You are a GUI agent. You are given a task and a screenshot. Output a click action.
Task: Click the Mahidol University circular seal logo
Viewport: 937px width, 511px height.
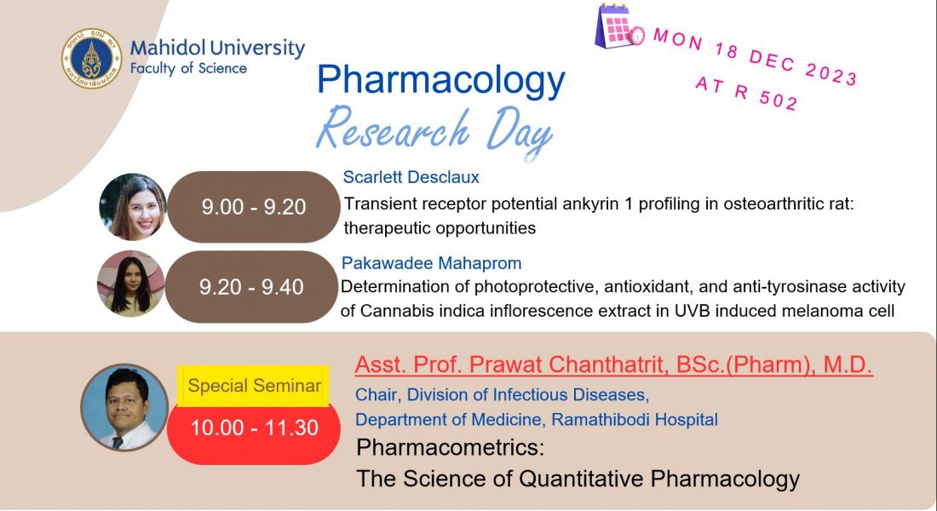(92, 59)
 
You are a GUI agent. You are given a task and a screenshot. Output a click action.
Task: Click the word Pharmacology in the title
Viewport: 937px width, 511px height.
(440, 81)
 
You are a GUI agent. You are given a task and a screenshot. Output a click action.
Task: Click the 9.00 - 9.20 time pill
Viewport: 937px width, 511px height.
(253, 207)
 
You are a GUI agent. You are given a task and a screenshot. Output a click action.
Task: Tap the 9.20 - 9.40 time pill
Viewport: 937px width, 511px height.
(251, 287)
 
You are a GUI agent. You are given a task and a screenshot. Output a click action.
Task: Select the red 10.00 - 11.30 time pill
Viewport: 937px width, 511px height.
(254, 428)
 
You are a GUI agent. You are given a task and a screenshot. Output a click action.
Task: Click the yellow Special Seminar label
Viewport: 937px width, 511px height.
(254, 386)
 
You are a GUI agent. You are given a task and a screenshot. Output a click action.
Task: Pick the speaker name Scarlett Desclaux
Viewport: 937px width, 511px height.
(411, 177)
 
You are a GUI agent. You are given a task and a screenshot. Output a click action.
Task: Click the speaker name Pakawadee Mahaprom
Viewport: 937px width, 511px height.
(432, 263)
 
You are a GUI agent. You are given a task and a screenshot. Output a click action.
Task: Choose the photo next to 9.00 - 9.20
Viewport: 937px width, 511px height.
(133, 207)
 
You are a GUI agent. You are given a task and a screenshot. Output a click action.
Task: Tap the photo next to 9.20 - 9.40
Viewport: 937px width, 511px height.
(131, 284)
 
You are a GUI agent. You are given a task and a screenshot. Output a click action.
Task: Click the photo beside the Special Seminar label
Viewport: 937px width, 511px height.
(125, 407)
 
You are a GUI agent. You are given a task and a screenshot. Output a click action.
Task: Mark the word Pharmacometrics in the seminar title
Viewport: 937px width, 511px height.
(450, 447)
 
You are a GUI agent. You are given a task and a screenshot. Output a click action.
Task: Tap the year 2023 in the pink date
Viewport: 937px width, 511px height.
(831, 75)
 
